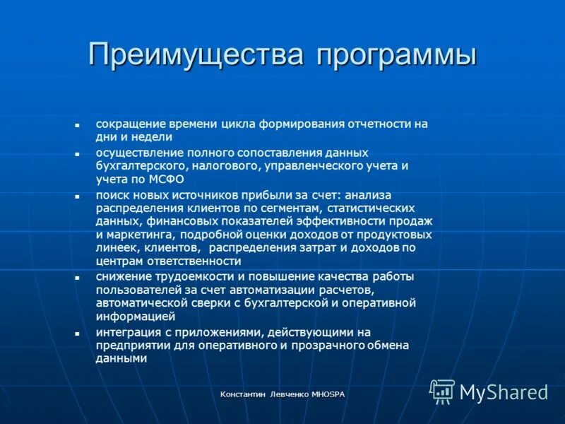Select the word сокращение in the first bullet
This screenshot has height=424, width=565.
[x=126, y=124]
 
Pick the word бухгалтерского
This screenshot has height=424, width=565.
[x=141, y=166]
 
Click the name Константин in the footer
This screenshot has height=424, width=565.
[x=244, y=394]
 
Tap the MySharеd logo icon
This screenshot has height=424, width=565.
[x=442, y=391]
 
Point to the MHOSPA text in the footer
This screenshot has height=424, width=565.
[x=328, y=394]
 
